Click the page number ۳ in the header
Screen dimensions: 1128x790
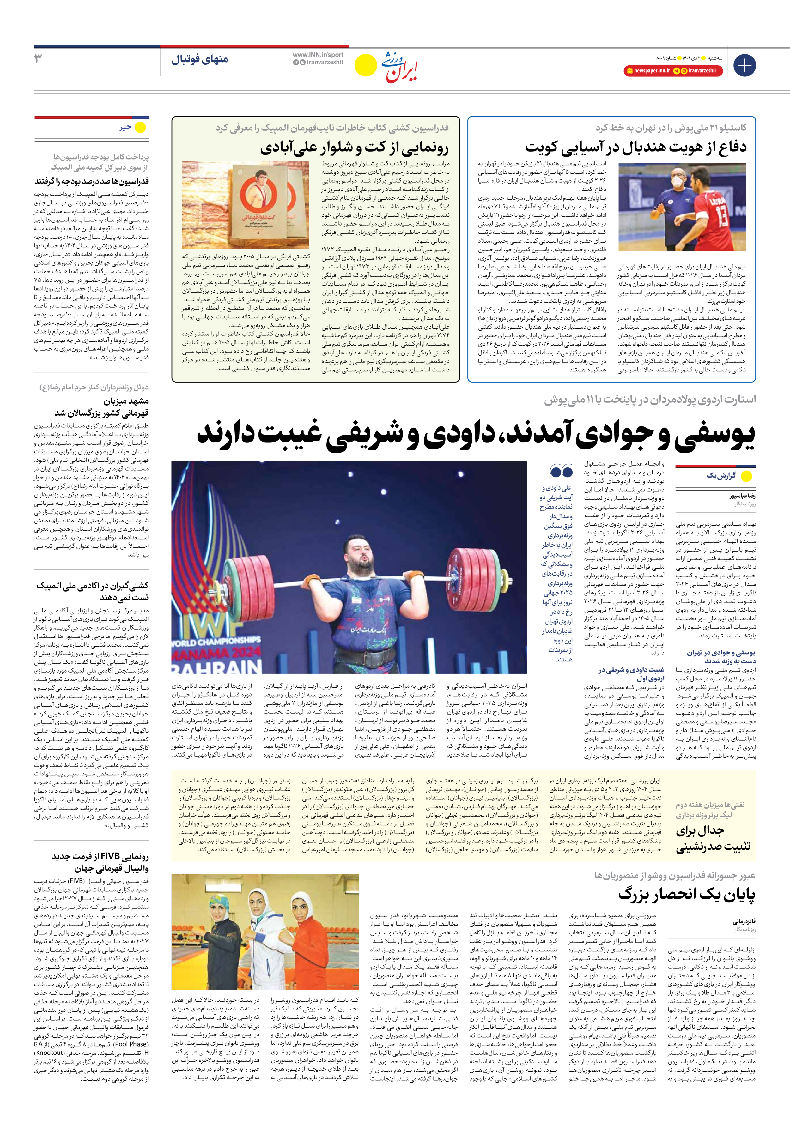click(38, 59)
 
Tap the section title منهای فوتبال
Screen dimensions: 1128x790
click(200, 60)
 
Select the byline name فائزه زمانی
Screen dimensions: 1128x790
click(744, 922)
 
